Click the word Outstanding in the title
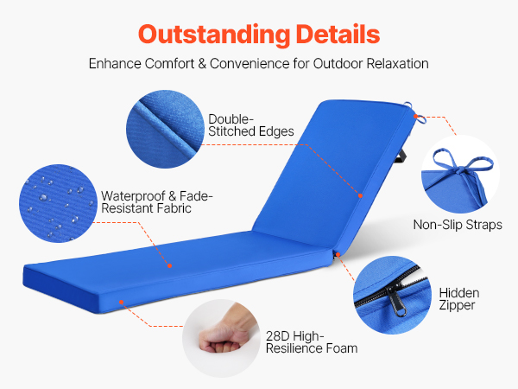[214, 35]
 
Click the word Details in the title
[338, 34]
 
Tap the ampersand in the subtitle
[202, 63]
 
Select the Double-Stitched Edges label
[250, 125]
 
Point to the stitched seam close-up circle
[165, 129]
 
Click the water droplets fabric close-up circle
[58, 203]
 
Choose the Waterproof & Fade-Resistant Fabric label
[156, 202]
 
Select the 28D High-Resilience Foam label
[312, 342]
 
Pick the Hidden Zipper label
[459, 299]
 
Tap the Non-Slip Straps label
[458, 225]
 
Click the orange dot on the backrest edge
[360, 196]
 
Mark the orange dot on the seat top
[169, 265]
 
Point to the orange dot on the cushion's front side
[122, 302]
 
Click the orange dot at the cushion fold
[338, 255]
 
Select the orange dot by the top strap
[415, 117]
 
